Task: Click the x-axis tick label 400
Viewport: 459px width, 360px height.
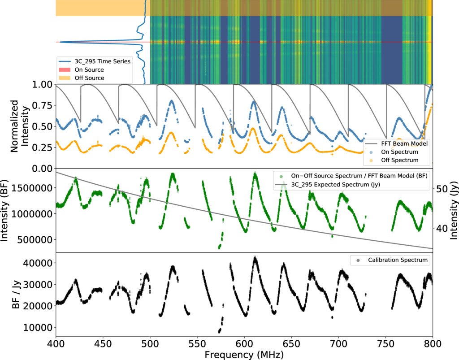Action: (56, 344)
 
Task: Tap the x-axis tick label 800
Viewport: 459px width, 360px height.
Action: (432, 344)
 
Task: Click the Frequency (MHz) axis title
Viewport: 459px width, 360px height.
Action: (244, 355)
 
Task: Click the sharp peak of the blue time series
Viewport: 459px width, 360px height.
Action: (61, 42)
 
